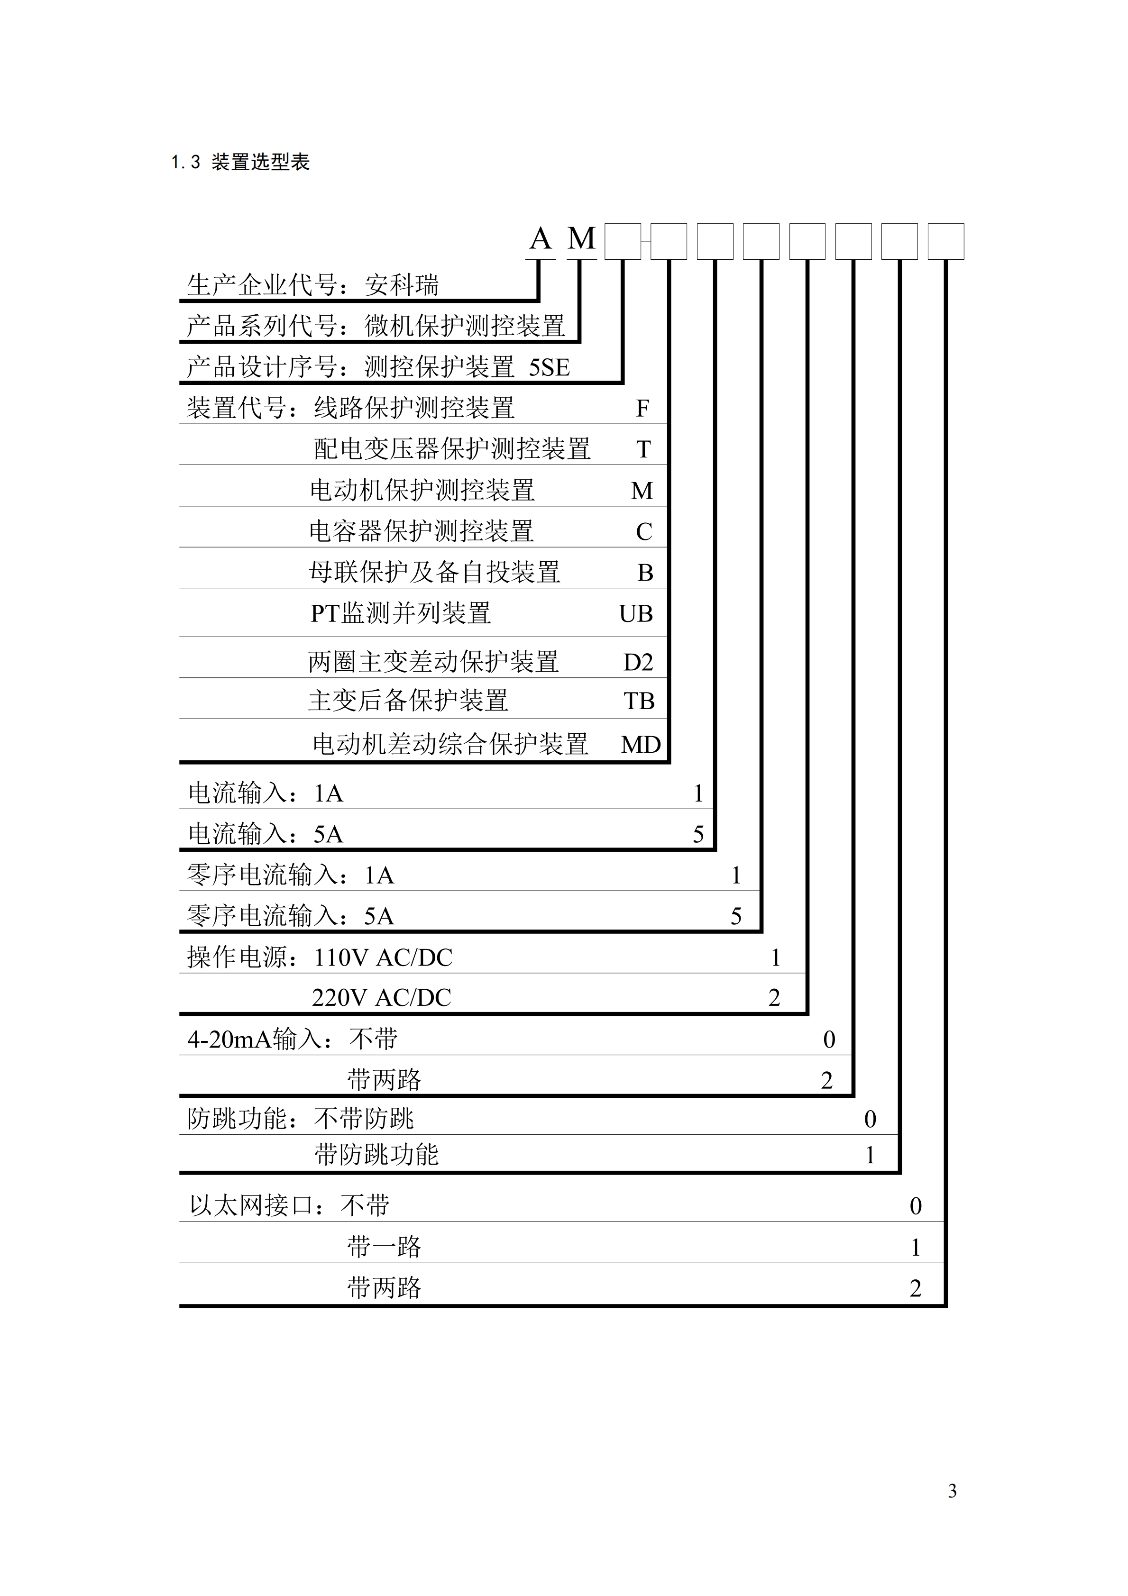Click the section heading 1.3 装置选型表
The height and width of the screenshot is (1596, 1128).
pyautogui.click(x=240, y=163)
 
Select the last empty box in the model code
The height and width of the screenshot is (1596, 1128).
pyautogui.click(x=946, y=242)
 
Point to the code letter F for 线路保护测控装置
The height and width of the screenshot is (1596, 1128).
pyautogui.click(x=642, y=409)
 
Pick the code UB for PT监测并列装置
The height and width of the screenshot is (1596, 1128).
pyautogui.click(x=636, y=614)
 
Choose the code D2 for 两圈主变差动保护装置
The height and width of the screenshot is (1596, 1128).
pyautogui.click(x=638, y=663)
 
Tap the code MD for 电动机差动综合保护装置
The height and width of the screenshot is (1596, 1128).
pyautogui.click(x=641, y=745)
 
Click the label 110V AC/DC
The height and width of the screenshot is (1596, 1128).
pyautogui.click(x=383, y=958)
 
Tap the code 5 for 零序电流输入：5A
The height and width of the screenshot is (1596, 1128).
pyautogui.click(x=736, y=917)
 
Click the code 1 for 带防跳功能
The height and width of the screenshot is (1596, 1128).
pyautogui.click(x=869, y=1155)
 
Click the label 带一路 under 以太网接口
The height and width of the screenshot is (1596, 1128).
pyautogui.click(x=384, y=1247)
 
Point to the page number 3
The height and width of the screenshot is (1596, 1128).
pyautogui.click(x=952, y=1491)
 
